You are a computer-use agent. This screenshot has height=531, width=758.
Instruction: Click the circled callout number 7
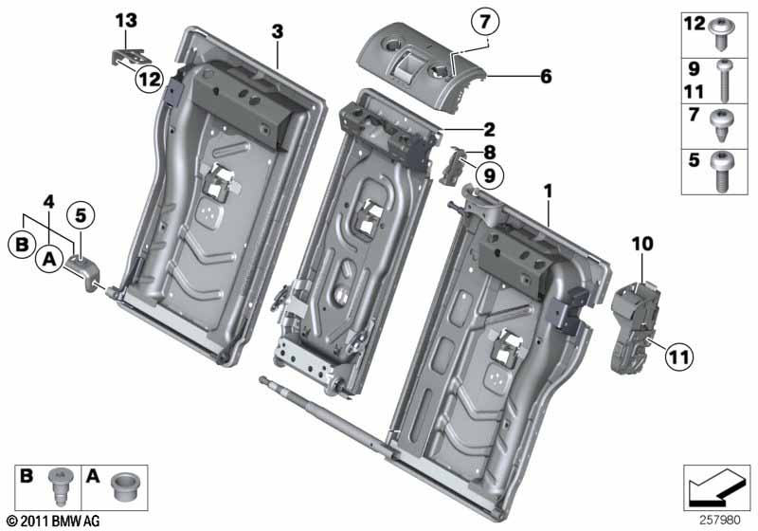[484, 21]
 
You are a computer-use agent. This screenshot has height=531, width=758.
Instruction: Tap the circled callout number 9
[490, 174]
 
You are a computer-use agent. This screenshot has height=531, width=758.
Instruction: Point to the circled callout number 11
[678, 357]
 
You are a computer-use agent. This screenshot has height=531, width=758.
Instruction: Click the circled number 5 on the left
[80, 215]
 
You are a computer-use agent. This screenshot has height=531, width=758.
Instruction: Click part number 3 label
[277, 31]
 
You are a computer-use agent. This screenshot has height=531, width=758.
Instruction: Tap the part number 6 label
[546, 76]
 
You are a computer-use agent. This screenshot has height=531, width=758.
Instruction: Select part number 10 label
[642, 245]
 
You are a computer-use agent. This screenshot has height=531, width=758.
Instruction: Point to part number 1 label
[547, 192]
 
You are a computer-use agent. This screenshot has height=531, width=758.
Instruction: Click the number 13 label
[127, 20]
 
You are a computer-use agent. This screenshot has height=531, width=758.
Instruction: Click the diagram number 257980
[721, 521]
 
